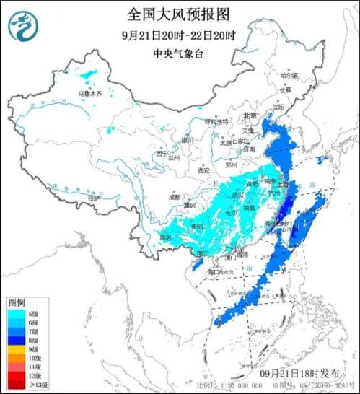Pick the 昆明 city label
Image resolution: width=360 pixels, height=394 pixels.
click(x=167, y=236)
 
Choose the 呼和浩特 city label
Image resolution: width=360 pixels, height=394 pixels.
click(x=216, y=121)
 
